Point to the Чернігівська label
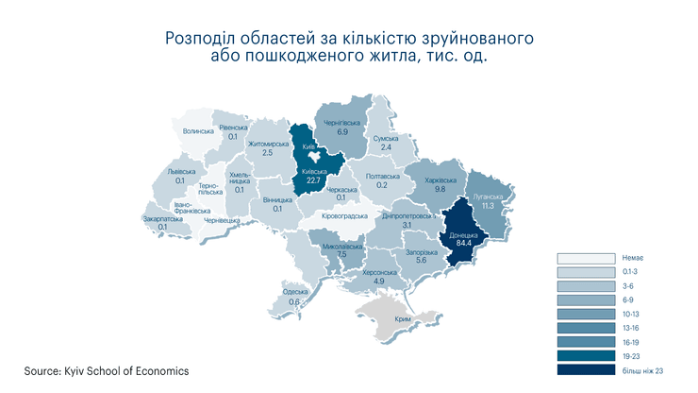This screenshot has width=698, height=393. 343,124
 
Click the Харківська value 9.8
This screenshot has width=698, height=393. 440,189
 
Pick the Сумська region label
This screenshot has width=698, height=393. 387,138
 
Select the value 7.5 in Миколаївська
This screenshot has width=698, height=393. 342,255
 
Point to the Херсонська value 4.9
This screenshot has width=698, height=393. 378,282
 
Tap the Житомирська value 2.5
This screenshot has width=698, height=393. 267,152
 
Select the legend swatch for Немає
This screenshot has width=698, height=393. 584,258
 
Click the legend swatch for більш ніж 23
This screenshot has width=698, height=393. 584,371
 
